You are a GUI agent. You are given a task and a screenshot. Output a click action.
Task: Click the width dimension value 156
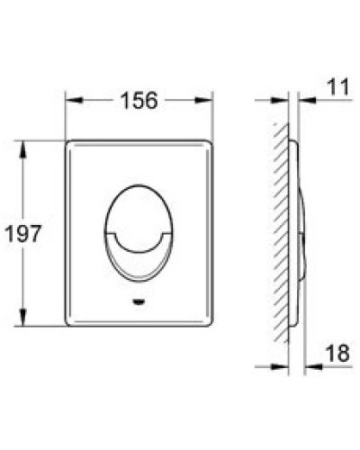[139, 101]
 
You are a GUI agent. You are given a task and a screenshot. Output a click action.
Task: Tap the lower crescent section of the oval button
[138, 256]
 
